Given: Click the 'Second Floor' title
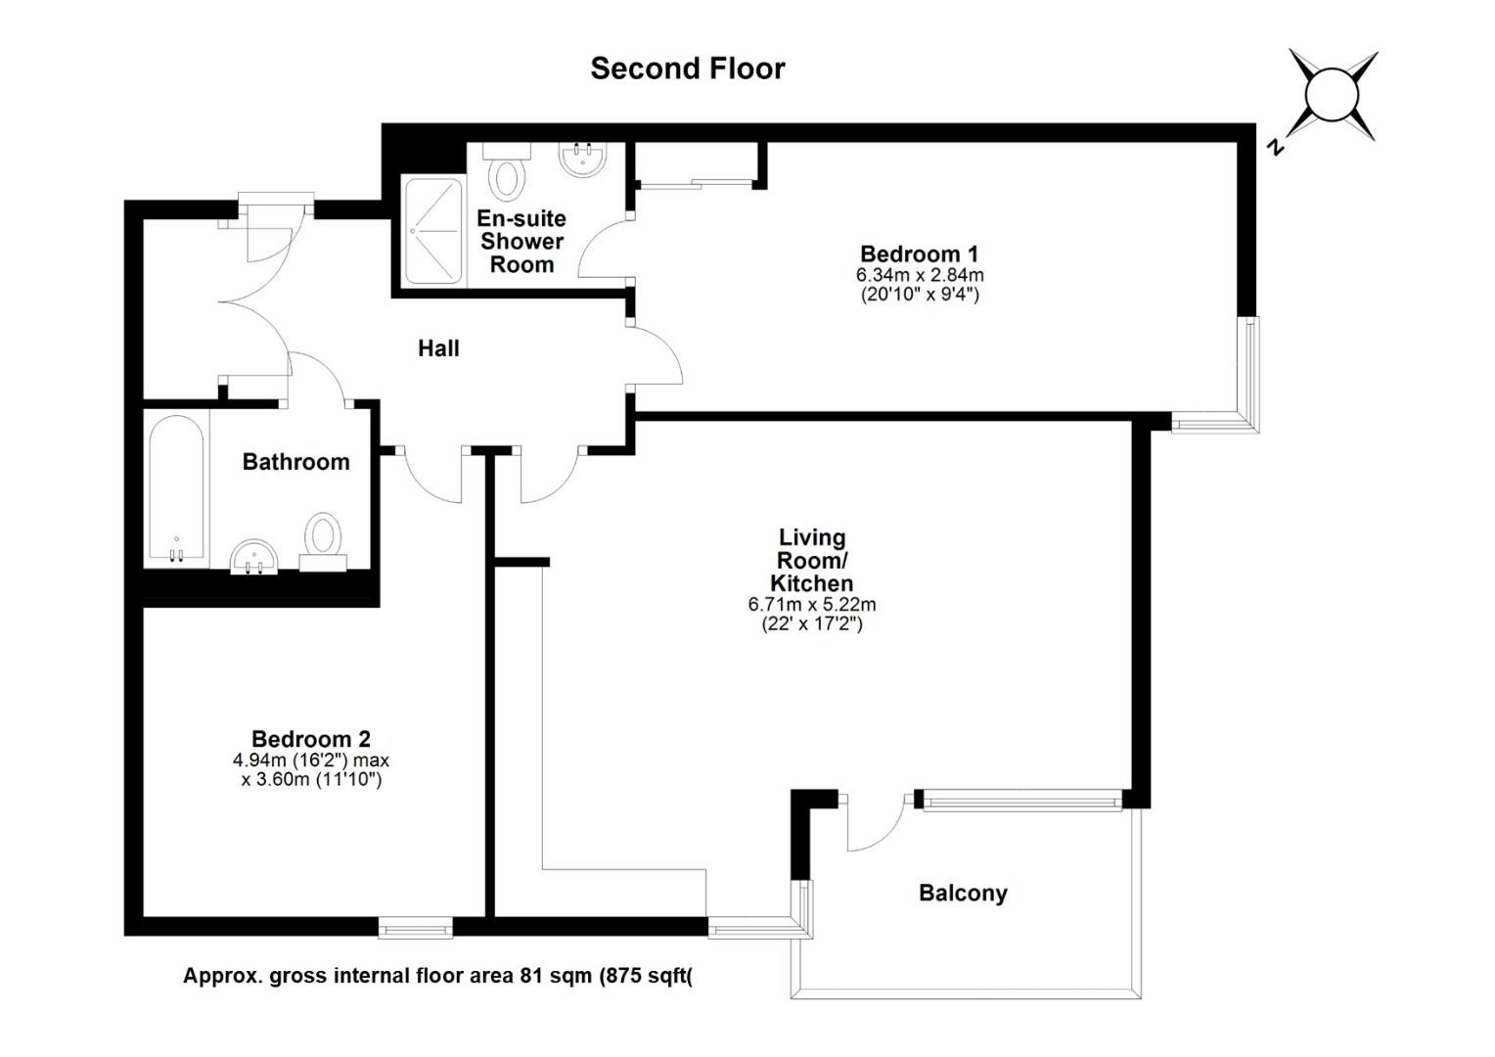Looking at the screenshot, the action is [688, 69].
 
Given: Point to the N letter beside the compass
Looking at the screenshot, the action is [1276, 147].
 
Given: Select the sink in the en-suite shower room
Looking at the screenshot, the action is [583, 160].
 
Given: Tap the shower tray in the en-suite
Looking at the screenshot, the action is [432, 230].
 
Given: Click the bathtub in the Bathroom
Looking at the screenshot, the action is [177, 487].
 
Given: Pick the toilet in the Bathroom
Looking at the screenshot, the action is [323, 541].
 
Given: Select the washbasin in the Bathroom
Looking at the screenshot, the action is [254, 557].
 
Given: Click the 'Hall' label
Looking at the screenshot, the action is [438, 348].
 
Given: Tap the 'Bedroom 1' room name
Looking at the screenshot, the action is [919, 253].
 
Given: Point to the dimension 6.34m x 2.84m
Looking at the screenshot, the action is [920, 274].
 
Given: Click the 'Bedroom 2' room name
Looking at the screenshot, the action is [311, 739].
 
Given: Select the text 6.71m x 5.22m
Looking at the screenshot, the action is [811, 604].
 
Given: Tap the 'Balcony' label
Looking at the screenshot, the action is [963, 893].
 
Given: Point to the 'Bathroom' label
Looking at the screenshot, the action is [295, 462].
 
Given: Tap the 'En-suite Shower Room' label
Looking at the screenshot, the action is [521, 241].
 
